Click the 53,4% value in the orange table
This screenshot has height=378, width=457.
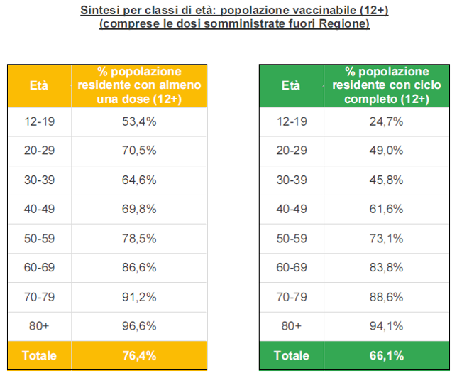[139, 121]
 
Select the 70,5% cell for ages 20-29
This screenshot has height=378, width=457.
[139, 151]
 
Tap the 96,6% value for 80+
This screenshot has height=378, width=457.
[139, 325]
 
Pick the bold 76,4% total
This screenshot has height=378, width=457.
[139, 355]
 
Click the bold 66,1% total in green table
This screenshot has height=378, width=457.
[387, 355]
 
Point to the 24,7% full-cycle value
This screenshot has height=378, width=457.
[387, 121]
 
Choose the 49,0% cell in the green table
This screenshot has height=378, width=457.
[387, 151]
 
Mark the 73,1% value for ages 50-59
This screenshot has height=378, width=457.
[387, 238]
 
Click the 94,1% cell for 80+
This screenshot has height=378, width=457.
[387, 325]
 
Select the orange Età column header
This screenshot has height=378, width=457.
[39, 85]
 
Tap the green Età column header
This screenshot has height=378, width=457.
[291, 85]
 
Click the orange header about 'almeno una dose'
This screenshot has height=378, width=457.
[139, 85]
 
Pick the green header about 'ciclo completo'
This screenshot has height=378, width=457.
[387, 85]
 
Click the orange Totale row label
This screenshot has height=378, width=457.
[39, 355]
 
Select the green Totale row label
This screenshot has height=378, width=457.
[291, 355]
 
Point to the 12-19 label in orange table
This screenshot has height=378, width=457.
[39, 121]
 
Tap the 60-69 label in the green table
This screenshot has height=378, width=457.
[291, 267]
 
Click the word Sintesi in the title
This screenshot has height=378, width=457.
[99, 11]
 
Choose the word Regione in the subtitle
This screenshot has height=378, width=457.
[346, 23]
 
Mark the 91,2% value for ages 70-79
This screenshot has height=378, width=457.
[139, 296]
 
